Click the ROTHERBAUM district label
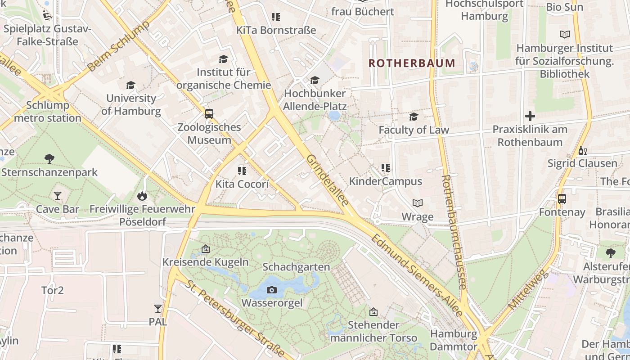412,63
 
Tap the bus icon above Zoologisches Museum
209,114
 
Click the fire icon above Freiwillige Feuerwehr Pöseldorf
142,196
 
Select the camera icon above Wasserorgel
271,290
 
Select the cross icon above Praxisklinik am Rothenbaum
530,116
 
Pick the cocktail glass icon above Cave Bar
58,196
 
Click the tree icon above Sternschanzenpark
49,158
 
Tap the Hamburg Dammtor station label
453,340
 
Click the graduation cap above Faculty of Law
414,117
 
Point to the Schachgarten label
296,267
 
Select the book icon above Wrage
418,203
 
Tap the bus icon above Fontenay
562,199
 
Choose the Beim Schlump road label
118,46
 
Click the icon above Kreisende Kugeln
206,249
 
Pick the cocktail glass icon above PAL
157,309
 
